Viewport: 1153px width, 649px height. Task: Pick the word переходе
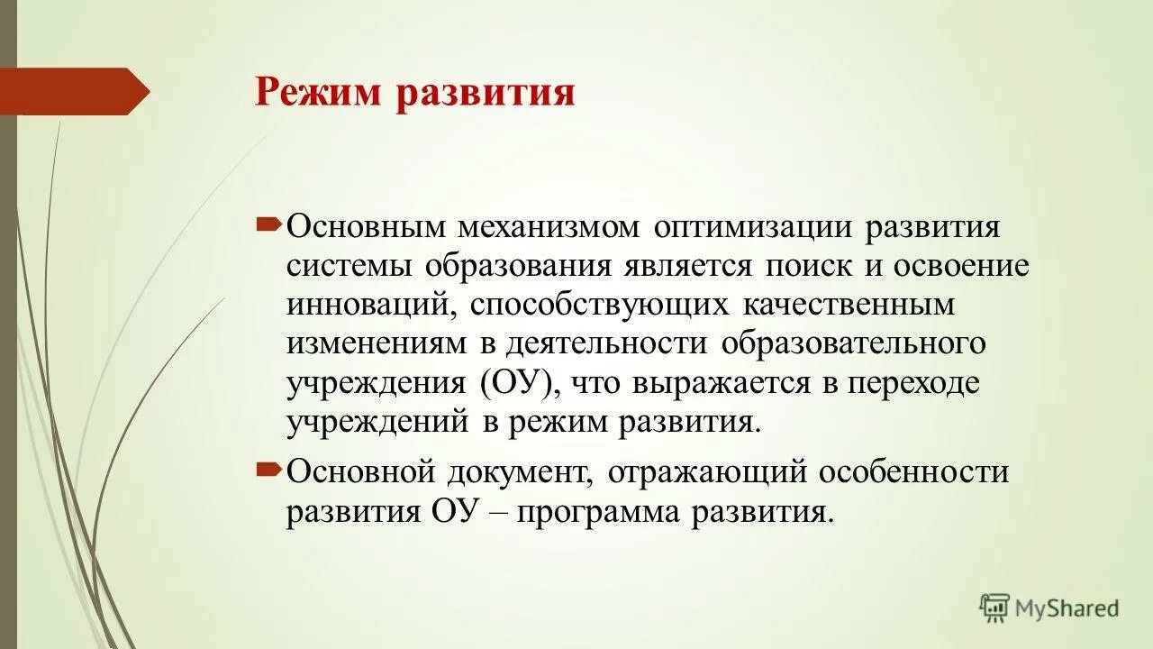912,383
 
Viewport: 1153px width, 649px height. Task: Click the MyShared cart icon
994,608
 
